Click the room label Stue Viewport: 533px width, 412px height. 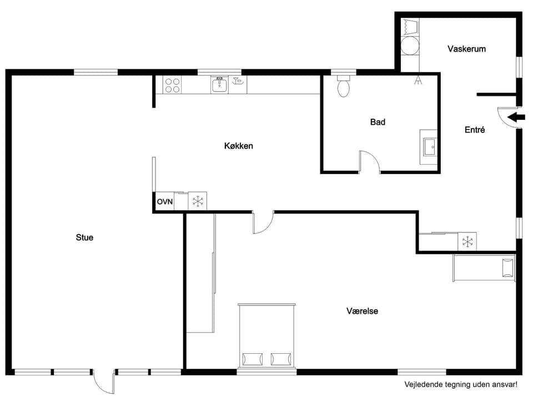84,237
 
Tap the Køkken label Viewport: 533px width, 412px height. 239,146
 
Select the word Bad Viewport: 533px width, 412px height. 378,122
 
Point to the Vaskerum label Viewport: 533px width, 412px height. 466,49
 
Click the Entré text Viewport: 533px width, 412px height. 475,130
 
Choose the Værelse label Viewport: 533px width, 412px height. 362,311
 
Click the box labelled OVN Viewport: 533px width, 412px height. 164,201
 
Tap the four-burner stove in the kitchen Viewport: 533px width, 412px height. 172,85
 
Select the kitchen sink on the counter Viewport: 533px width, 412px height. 220,85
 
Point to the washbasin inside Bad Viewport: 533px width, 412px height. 429,147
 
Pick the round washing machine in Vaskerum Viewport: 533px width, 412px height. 410,46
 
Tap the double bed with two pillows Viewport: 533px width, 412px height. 266,335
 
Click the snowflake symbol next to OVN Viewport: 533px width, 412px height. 198,201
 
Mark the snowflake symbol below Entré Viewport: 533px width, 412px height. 467,242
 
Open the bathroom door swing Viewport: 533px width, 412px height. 369,161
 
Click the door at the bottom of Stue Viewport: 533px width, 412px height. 104,382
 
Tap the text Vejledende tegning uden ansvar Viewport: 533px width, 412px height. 460,384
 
